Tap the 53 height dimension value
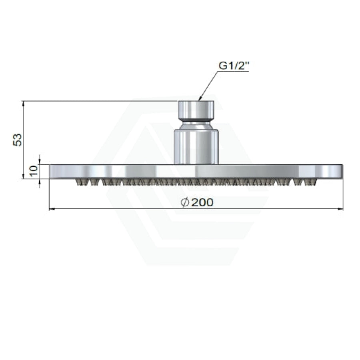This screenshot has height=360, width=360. pos(18,140)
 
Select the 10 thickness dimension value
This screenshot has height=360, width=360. pos(34,171)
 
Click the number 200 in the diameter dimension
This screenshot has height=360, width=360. pos(202,202)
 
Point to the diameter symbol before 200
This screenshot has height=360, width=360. pos(185,202)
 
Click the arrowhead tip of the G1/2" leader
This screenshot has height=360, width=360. pos(199,100)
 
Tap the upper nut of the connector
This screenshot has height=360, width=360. pos(196,109)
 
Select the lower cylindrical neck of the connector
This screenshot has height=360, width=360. pos(196,144)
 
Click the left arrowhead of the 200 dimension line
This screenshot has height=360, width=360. pos(51,209)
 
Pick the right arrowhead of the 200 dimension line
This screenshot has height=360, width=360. pos(342,209)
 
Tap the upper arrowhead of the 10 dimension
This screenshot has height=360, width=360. pos(40,162)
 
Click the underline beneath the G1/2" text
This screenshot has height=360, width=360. pos(234,72)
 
